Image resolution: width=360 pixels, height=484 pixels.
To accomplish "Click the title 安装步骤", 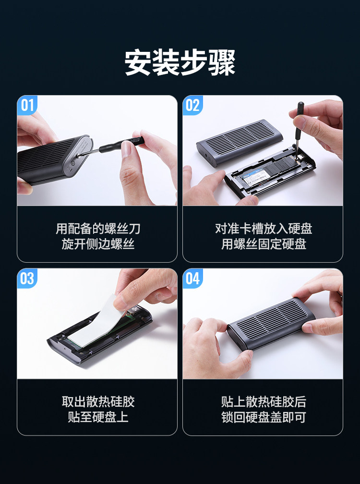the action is pos(180,62).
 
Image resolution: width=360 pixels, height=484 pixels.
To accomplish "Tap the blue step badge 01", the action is pos(27,105).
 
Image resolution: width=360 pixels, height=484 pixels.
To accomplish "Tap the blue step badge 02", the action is pos(193,105).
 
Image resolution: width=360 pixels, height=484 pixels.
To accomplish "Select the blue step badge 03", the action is pos(27,278).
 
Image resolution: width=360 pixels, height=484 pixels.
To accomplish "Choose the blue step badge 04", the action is pos(193,278).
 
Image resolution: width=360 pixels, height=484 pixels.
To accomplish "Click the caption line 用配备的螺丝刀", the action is pos(98,229).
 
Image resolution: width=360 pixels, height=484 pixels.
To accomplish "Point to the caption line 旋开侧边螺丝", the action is pos(98,244).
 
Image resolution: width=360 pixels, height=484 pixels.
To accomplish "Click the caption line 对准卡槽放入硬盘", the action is pos(264,229).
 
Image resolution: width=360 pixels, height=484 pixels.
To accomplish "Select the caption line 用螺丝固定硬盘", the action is pos(264,244).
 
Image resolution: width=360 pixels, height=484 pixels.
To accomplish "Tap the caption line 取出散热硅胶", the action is pos(98,402).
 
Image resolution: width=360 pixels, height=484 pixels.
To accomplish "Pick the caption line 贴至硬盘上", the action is pos(98,417).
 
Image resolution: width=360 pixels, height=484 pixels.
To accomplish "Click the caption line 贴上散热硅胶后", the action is pos(264,402).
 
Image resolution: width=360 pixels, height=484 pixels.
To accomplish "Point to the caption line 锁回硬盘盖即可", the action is pos(264,417).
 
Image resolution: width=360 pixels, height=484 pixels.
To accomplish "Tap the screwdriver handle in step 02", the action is pos(299,120).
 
